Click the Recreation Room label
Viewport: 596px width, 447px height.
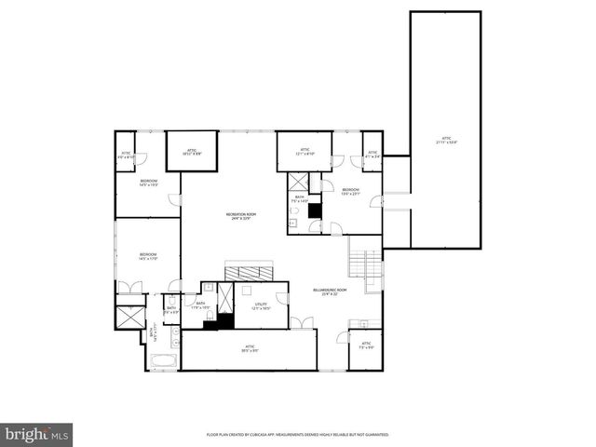[240, 216]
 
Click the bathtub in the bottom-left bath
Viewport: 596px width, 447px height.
[162, 359]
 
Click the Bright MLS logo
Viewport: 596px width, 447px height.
[37, 433]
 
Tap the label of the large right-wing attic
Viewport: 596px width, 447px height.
[446, 142]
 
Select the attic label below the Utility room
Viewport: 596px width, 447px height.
[249, 349]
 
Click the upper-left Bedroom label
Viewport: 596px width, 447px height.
[148, 183]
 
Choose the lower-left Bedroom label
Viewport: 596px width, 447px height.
[148, 256]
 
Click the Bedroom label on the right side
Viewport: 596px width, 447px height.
[350, 192]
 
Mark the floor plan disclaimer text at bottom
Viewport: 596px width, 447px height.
[297, 434]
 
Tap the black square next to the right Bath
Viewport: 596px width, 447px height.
[315, 210]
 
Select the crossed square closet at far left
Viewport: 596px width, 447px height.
[129, 315]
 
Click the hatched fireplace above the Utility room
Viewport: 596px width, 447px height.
[248, 272]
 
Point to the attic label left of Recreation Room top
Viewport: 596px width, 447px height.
[191, 151]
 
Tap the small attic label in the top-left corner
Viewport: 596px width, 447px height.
[126, 156]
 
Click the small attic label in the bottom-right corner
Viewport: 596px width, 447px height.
[365, 347]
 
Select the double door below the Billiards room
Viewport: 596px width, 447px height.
[301, 323]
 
